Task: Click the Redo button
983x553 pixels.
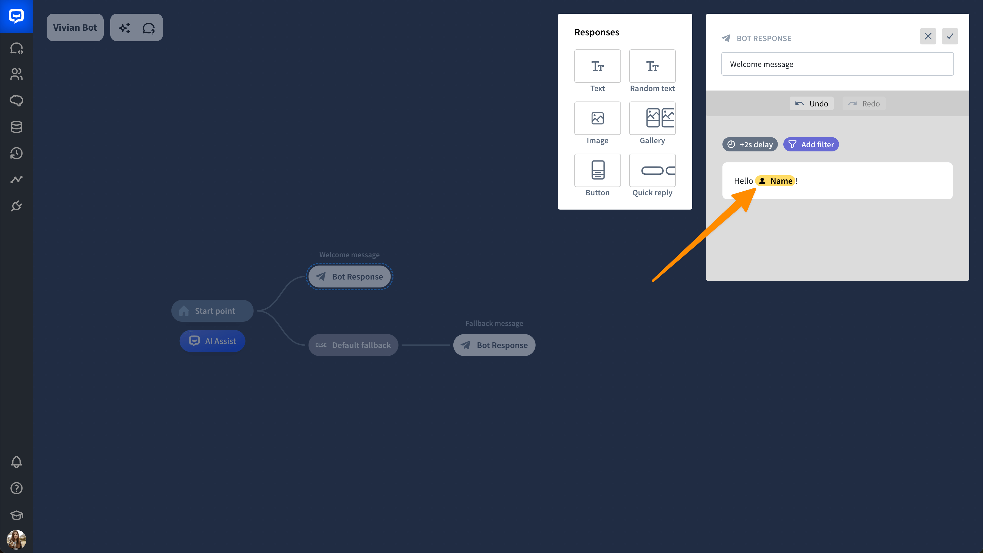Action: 864,103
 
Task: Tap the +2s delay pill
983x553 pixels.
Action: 750,144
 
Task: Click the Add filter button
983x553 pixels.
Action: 811,144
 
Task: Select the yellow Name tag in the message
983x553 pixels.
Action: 775,181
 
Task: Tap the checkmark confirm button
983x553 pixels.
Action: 950,36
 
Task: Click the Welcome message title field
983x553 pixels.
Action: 837,64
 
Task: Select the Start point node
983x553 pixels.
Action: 212,311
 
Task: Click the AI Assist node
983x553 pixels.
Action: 212,341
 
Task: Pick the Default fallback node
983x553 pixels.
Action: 353,345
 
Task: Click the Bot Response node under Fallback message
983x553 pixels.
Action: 494,345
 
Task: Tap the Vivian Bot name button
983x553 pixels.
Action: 75,27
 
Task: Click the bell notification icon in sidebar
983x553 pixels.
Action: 16,462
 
